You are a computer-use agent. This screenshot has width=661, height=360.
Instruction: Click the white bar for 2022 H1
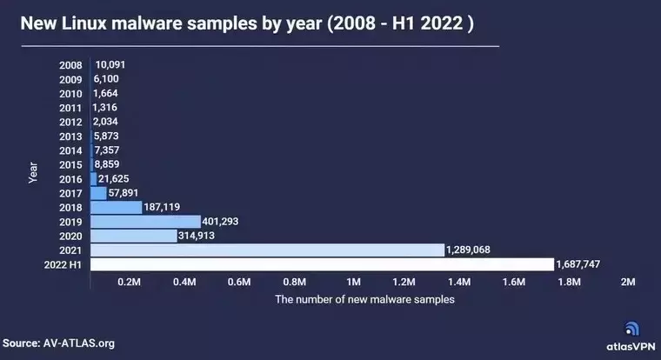(x=321, y=263)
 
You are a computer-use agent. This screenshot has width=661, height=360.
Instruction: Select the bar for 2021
(x=267, y=250)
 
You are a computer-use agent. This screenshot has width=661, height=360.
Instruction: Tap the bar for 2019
(x=145, y=221)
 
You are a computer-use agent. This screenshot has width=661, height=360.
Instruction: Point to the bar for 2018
(x=116, y=207)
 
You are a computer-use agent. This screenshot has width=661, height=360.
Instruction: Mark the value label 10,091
(x=112, y=64)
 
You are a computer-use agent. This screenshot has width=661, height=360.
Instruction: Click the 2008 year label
(x=70, y=65)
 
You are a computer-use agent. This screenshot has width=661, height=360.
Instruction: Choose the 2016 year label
(x=70, y=178)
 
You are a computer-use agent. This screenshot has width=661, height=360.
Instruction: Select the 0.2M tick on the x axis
(x=129, y=283)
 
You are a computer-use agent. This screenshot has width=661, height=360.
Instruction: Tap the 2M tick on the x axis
(x=628, y=283)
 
